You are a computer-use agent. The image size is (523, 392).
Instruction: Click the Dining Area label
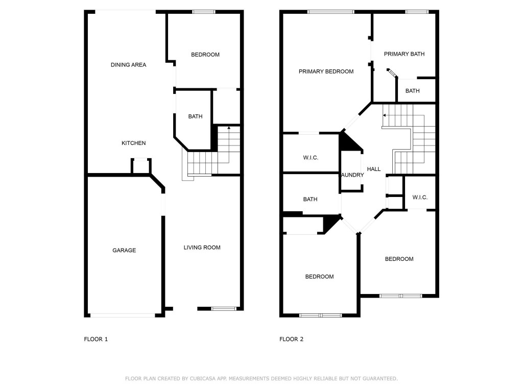click(128, 65)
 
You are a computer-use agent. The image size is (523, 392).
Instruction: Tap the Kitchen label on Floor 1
click(133, 143)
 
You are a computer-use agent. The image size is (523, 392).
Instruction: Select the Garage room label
click(124, 250)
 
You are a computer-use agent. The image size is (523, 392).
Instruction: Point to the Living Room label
click(202, 248)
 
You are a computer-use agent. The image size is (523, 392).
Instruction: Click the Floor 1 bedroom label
click(205, 55)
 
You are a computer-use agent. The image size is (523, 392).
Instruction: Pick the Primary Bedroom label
click(326, 71)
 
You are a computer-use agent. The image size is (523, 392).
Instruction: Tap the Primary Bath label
click(404, 54)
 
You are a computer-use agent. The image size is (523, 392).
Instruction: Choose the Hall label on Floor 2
click(373, 169)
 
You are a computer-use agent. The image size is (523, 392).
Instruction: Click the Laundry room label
click(352, 175)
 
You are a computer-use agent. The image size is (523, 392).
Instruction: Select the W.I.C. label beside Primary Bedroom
click(311, 158)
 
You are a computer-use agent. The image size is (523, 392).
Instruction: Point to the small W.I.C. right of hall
click(419, 198)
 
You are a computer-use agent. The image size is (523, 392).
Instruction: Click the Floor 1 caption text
click(96, 339)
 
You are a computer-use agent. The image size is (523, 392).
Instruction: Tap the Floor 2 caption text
click(291, 339)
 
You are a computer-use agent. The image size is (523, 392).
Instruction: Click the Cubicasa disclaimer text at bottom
click(261, 379)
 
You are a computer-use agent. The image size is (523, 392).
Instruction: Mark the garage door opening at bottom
click(123, 315)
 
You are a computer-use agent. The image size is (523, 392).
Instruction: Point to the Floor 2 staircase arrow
click(384, 116)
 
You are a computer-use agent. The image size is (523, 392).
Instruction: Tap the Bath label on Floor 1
click(195, 116)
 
